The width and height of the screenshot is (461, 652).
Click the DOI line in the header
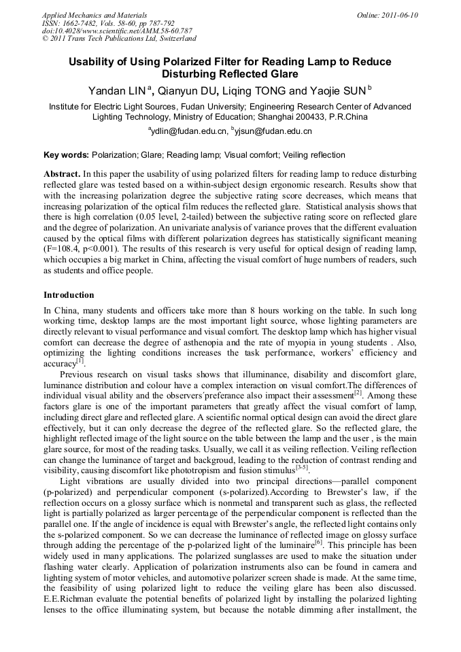(117, 31)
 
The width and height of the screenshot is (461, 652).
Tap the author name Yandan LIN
(118, 90)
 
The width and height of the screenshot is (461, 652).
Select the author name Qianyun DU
(192, 90)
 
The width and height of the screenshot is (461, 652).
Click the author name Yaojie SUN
(337, 90)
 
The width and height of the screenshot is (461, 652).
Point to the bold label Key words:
(66, 155)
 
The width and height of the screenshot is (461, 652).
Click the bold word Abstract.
(63, 174)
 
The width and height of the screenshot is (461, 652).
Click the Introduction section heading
(69, 295)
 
